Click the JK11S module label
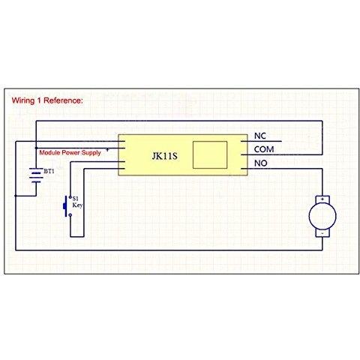point(164,156)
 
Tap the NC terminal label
point(260,136)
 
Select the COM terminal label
point(264,149)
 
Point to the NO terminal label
point(260,163)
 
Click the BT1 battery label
point(49,171)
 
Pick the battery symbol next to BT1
point(36,175)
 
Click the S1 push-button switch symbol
point(67,206)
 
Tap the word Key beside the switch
point(77,205)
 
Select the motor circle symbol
point(322,216)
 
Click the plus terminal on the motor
point(322,199)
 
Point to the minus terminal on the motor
point(322,233)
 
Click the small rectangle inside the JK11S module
point(210,154)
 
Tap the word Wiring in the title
point(23,100)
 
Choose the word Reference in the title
point(63,100)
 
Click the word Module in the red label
point(49,152)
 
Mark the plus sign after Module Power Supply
point(107,150)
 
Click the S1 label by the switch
point(75,199)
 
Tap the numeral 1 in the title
point(39,100)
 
